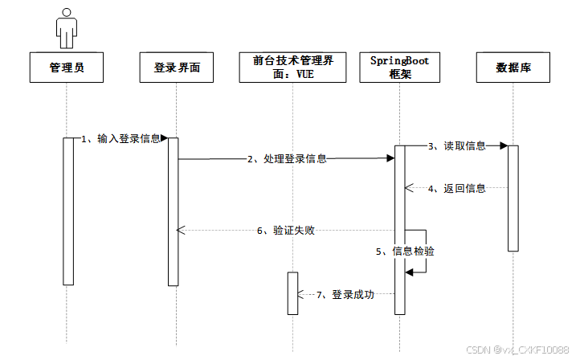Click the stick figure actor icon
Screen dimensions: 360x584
click(x=67, y=27)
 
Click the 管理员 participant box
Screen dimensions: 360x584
click(x=67, y=67)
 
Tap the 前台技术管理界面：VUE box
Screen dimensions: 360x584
click(x=293, y=67)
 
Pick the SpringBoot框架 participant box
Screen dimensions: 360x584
click(x=399, y=67)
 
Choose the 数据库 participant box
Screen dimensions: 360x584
click(x=513, y=67)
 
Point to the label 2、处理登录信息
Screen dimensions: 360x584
click(x=286, y=159)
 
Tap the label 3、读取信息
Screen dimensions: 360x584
click(x=456, y=145)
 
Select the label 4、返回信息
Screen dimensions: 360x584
click(x=456, y=188)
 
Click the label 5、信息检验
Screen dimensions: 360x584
click(x=406, y=252)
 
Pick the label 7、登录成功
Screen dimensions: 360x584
click(x=345, y=295)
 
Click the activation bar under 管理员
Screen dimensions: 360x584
click(x=68, y=211)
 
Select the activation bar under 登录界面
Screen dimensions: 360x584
click(x=173, y=211)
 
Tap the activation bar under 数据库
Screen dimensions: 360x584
click(x=513, y=198)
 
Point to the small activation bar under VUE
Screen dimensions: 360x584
click(x=293, y=293)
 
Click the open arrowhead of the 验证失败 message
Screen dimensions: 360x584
click(x=181, y=231)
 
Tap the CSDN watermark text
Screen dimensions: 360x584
click(x=530, y=350)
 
